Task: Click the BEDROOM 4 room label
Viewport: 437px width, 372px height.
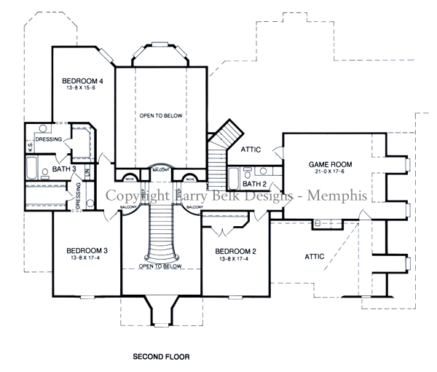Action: click(x=81, y=80)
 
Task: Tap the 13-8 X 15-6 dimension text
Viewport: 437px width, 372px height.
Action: click(x=81, y=88)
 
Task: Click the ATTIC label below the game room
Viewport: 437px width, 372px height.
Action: click(x=315, y=256)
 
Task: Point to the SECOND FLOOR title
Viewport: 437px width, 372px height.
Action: click(x=161, y=357)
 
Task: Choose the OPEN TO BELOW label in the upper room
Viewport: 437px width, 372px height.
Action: click(x=161, y=116)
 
